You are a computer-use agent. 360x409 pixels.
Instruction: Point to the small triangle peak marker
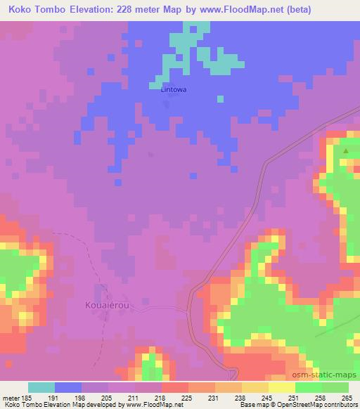[x=345, y=150]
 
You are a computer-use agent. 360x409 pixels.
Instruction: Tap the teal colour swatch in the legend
[x=41, y=387]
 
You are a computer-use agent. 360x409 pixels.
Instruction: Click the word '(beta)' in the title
[x=295, y=10]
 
